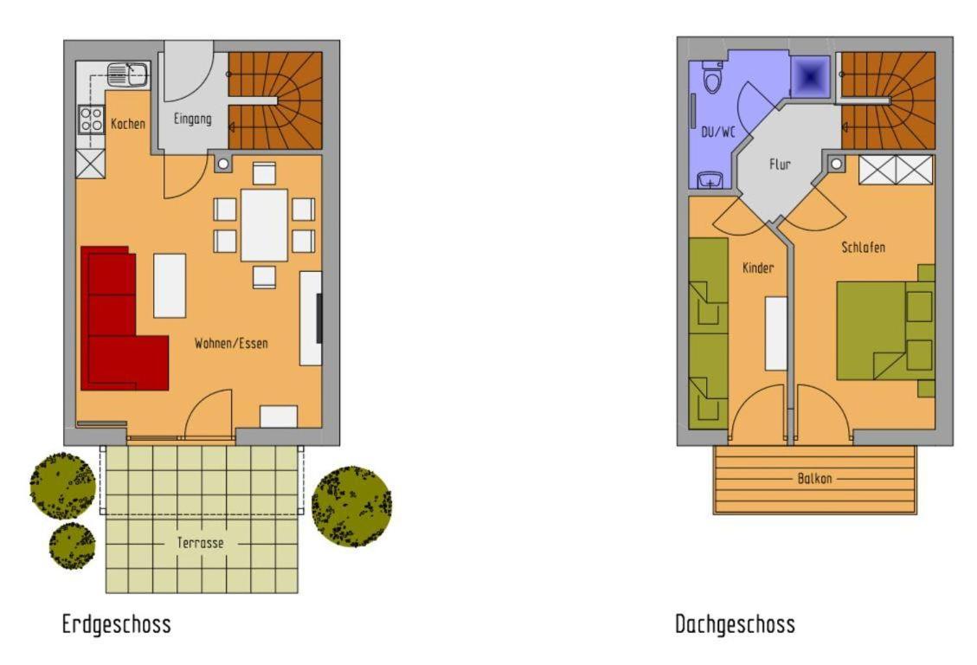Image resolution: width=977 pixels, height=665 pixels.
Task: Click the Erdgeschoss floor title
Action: pos(116,623)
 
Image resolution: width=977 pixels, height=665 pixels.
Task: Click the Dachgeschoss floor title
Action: pos(736,623)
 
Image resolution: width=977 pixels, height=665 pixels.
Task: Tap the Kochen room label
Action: pos(128,124)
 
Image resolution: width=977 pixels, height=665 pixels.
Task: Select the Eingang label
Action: pos(192,119)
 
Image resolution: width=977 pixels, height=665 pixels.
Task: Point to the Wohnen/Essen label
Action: pos(231,343)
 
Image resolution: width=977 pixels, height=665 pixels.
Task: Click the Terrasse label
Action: pos(200,543)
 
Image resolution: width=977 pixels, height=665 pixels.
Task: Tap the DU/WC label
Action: pos(717,132)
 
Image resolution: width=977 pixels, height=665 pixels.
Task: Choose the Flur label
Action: pos(780,165)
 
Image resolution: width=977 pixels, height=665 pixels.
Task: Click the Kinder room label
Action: pos(758,268)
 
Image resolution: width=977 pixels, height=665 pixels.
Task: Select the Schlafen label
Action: pos(863,248)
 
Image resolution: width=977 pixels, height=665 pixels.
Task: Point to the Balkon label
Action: pos(814,479)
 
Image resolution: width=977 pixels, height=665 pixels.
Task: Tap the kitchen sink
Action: pos(127,74)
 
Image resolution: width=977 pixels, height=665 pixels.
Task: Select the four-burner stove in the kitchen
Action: pos(91,119)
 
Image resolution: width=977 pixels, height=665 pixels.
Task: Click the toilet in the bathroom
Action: pos(711,77)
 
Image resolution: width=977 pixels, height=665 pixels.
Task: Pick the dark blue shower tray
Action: pos(810,77)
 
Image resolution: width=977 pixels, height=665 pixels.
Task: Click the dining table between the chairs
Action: pos(264,225)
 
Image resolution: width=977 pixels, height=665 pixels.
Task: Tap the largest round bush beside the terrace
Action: pos(351,506)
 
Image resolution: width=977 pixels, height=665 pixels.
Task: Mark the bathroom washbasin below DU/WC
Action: pos(709,179)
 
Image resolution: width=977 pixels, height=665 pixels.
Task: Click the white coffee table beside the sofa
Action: pos(170,286)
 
